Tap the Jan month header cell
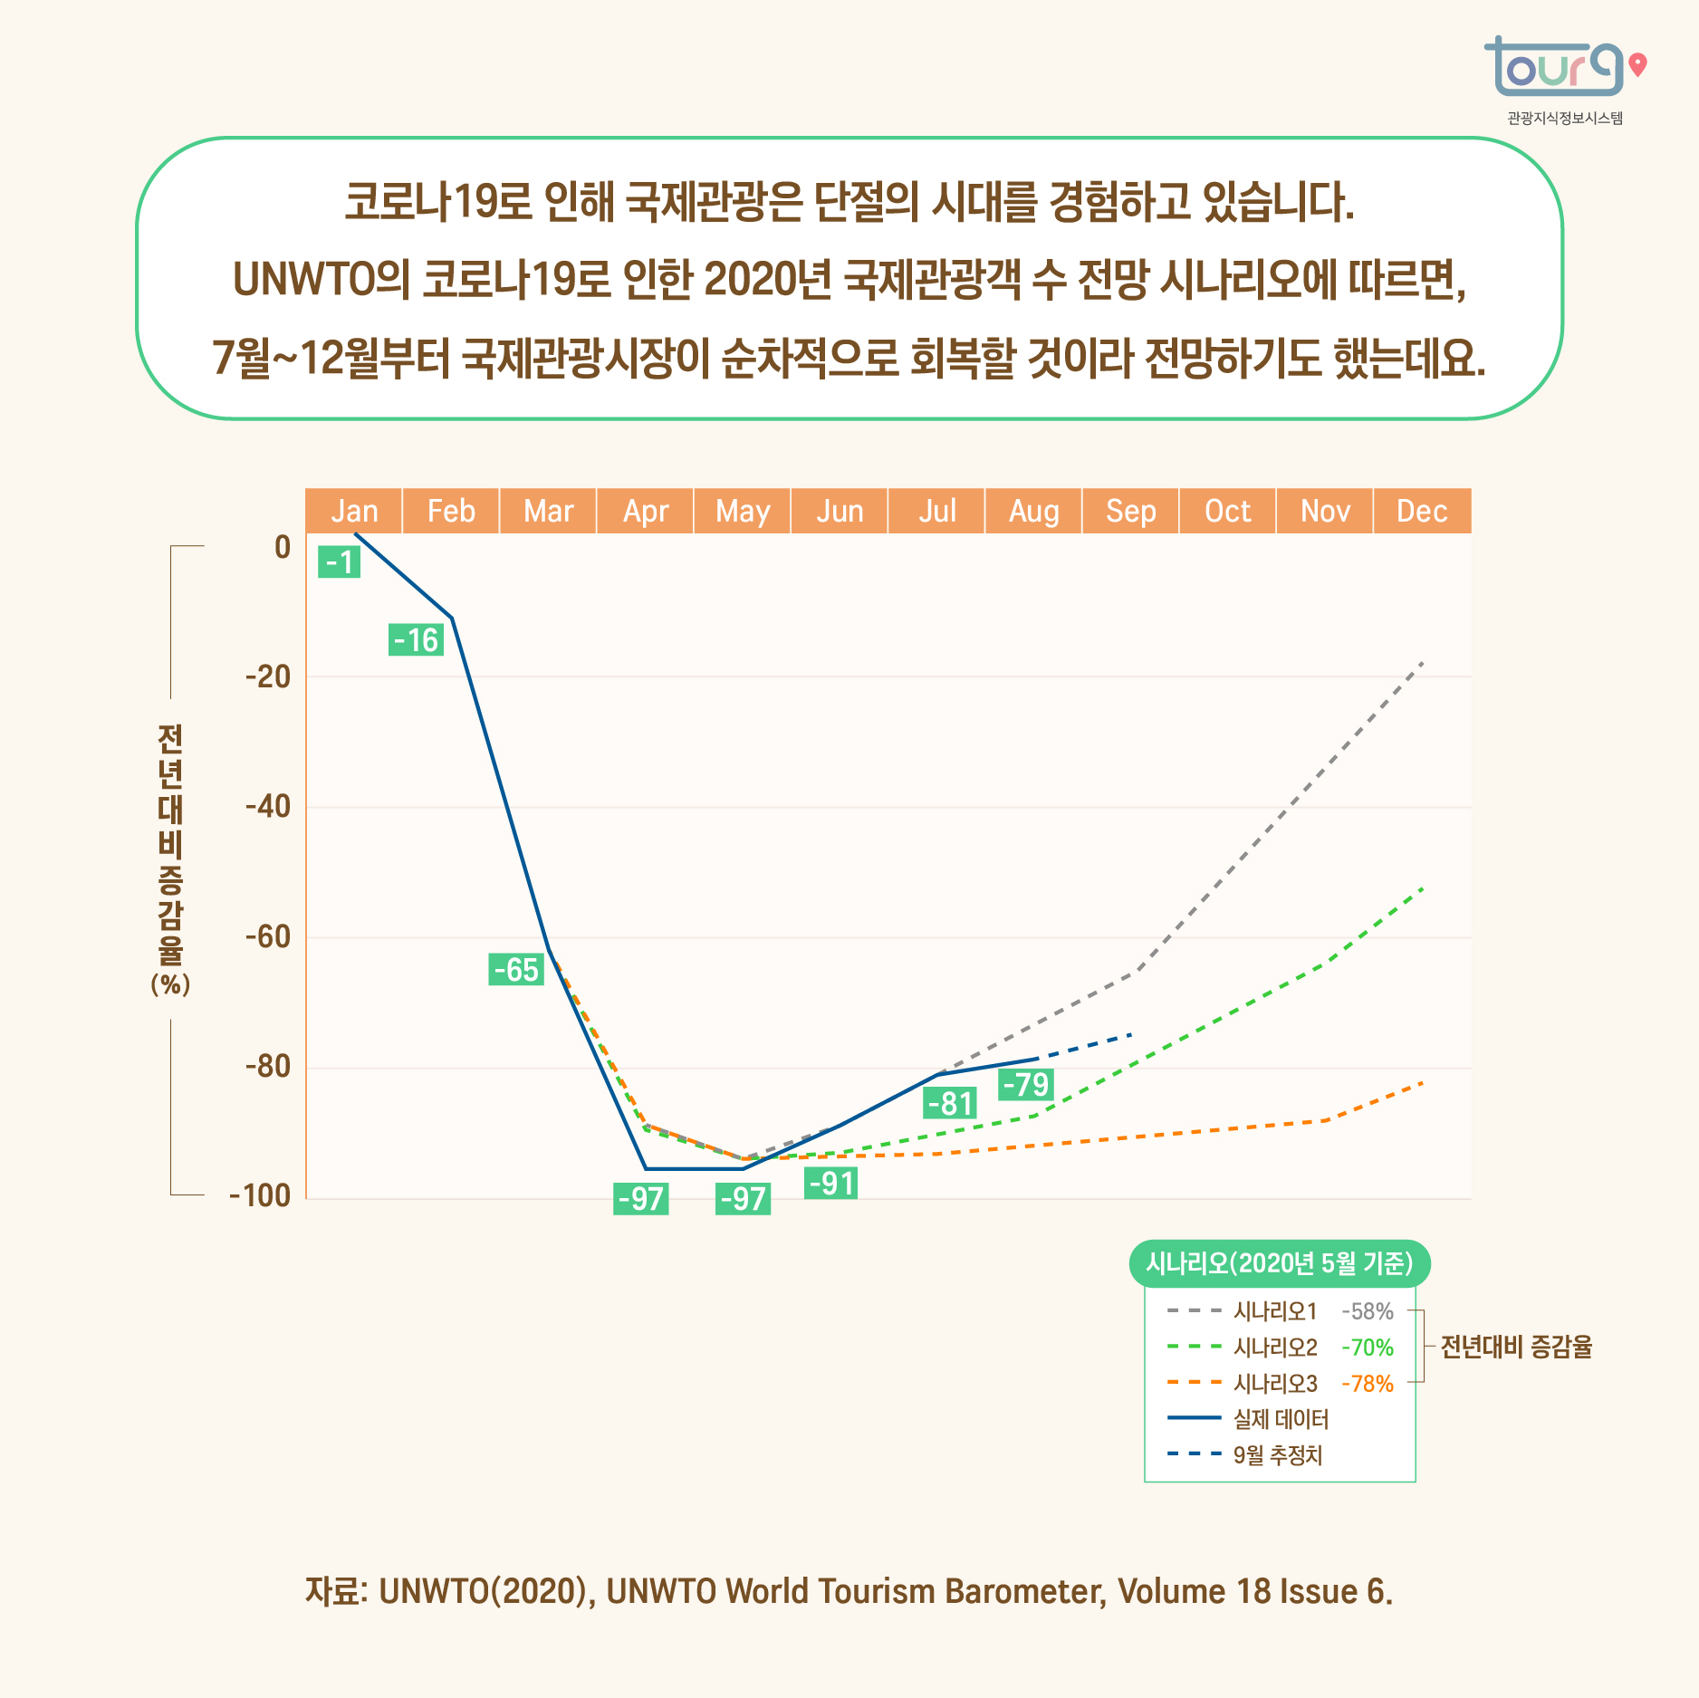click(354, 511)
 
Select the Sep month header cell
click(1130, 511)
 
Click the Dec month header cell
click(1421, 511)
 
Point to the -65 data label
click(516, 969)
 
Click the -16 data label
click(416, 640)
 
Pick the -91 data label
click(830, 1184)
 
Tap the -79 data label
click(1025, 1084)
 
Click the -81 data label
click(950, 1103)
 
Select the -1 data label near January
click(340, 562)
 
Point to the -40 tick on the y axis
click(268, 806)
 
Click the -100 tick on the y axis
click(260, 1195)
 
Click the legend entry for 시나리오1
click(1274, 1310)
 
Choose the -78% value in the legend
click(1367, 1384)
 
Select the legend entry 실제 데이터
click(1281, 1419)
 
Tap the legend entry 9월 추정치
click(1277, 1455)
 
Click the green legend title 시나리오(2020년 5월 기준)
click(1279, 1263)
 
